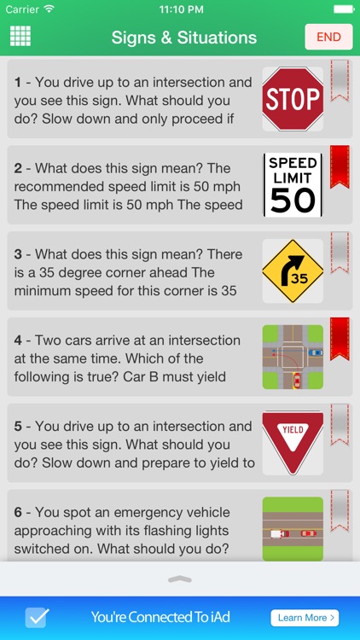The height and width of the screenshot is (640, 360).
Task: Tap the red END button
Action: pos(328,37)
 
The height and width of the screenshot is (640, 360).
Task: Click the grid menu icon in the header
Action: pos(20,36)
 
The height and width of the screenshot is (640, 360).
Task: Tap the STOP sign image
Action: pos(293,99)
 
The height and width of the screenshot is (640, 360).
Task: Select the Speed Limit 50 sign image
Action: pos(293,185)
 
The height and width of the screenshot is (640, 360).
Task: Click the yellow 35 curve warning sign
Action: pos(293,271)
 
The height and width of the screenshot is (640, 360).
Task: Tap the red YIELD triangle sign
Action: pos(293,443)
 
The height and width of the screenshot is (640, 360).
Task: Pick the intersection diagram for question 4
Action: pos(293,357)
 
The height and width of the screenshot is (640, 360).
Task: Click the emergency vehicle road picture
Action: pos(293,529)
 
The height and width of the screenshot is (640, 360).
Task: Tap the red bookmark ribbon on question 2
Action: pos(340,166)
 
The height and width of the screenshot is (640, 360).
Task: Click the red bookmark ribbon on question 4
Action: pos(340,339)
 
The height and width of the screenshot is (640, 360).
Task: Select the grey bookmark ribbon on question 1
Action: pos(340,80)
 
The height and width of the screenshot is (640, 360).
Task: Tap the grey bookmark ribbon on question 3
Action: pos(340,253)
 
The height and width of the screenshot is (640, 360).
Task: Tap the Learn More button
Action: pos(305,618)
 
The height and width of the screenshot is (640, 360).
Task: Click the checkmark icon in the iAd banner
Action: pos(38,618)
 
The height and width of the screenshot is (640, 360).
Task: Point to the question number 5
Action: pos(18,427)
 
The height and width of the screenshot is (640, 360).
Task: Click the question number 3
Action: pos(18,254)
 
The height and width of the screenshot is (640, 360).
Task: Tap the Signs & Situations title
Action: pos(184,38)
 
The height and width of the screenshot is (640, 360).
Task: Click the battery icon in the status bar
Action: pos(344,9)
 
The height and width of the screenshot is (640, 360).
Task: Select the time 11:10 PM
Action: pos(181,9)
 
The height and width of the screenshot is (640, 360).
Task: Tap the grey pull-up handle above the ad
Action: pos(180,579)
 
